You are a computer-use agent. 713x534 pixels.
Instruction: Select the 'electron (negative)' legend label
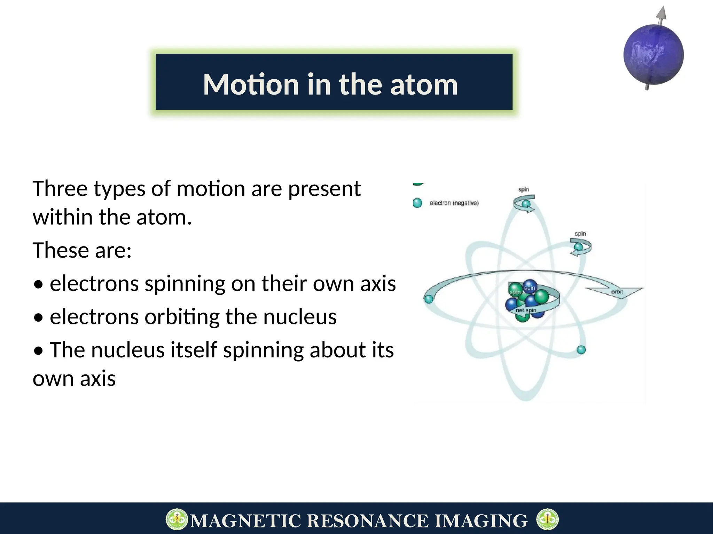point(454,203)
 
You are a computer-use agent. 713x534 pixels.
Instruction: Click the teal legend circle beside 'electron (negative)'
point(417,203)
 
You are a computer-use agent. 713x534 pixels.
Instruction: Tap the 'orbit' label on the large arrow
point(617,292)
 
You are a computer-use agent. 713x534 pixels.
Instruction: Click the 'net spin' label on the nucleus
point(526,310)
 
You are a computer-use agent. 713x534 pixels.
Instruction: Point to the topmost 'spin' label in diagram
point(523,189)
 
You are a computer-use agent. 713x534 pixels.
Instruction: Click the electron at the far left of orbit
point(429,299)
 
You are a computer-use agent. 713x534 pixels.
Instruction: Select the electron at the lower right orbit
point(581,350)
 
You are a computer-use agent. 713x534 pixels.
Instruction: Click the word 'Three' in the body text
point(60,189)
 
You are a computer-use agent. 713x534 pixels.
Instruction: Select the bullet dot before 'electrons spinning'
point(39,284)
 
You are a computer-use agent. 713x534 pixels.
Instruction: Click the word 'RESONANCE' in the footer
point(368,521)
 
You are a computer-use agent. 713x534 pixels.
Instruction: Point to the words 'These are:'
point(82,250)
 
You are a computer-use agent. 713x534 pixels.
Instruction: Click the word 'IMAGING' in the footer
point(481,521)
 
